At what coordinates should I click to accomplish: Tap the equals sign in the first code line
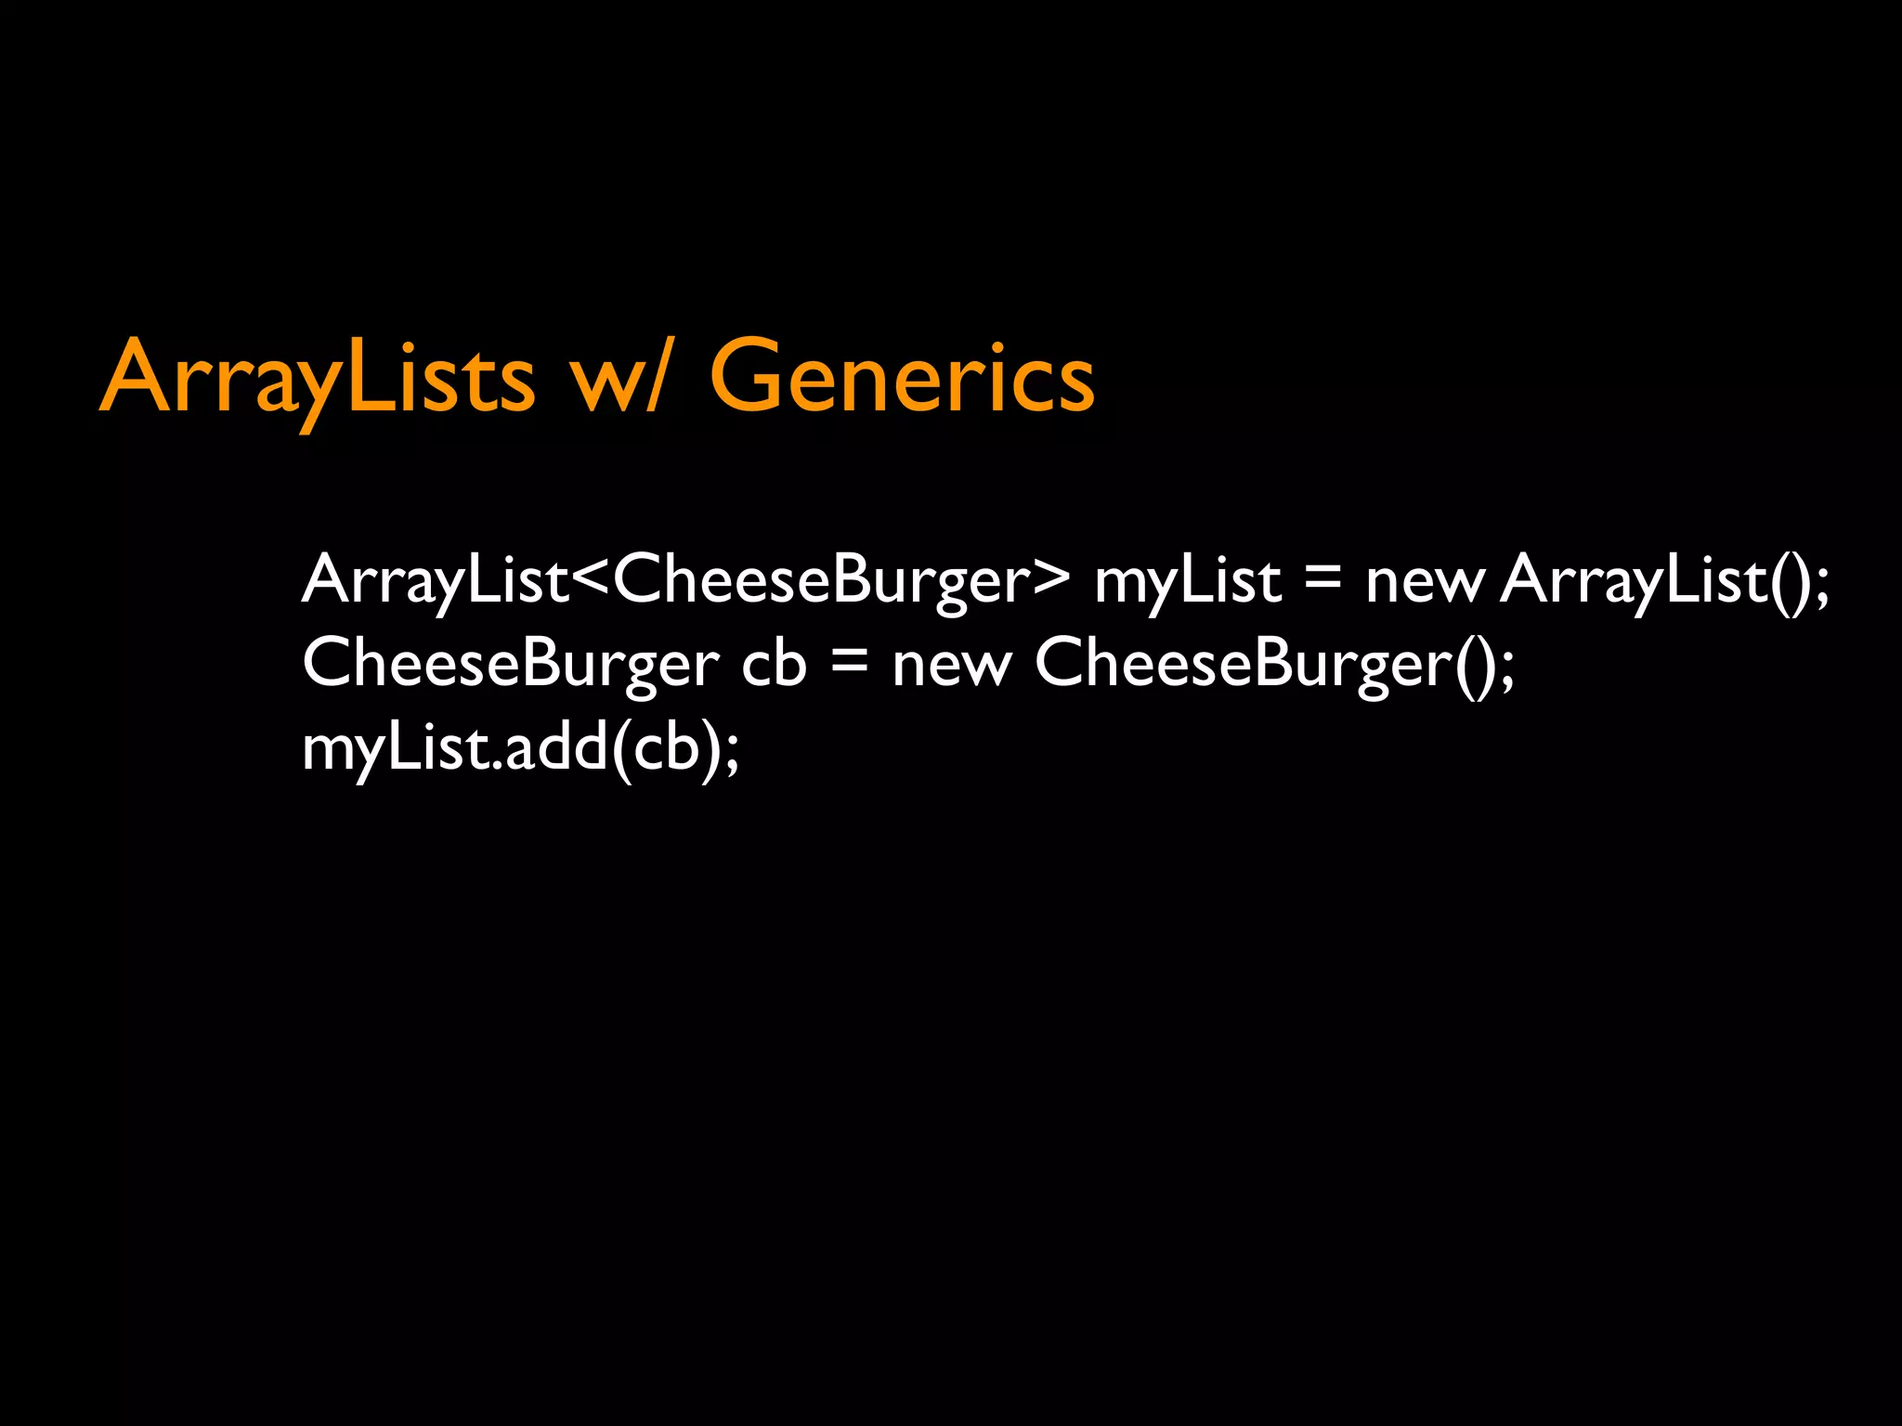(x=1322, y=580)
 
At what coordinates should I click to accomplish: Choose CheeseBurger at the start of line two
(x=510, y=664)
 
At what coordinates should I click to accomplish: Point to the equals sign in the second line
(x=850, y=664)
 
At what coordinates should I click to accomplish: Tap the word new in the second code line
(x=951, y=664)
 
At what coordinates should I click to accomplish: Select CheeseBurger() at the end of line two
(x=1263, y=664)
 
